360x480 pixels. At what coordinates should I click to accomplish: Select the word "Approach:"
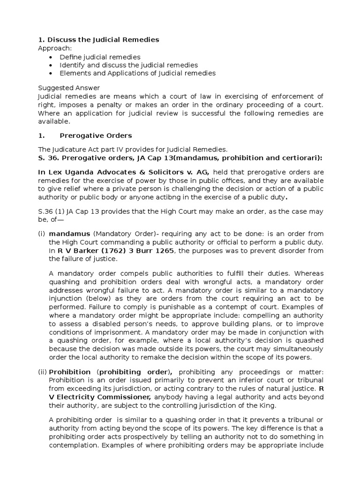point(55,48)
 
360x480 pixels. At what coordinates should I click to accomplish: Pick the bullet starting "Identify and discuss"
point(128,65)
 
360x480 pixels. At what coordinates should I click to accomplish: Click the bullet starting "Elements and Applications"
point(137,73)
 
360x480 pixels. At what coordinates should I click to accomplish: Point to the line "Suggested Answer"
point(69,88)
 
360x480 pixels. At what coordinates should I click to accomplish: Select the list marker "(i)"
point(41,234)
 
